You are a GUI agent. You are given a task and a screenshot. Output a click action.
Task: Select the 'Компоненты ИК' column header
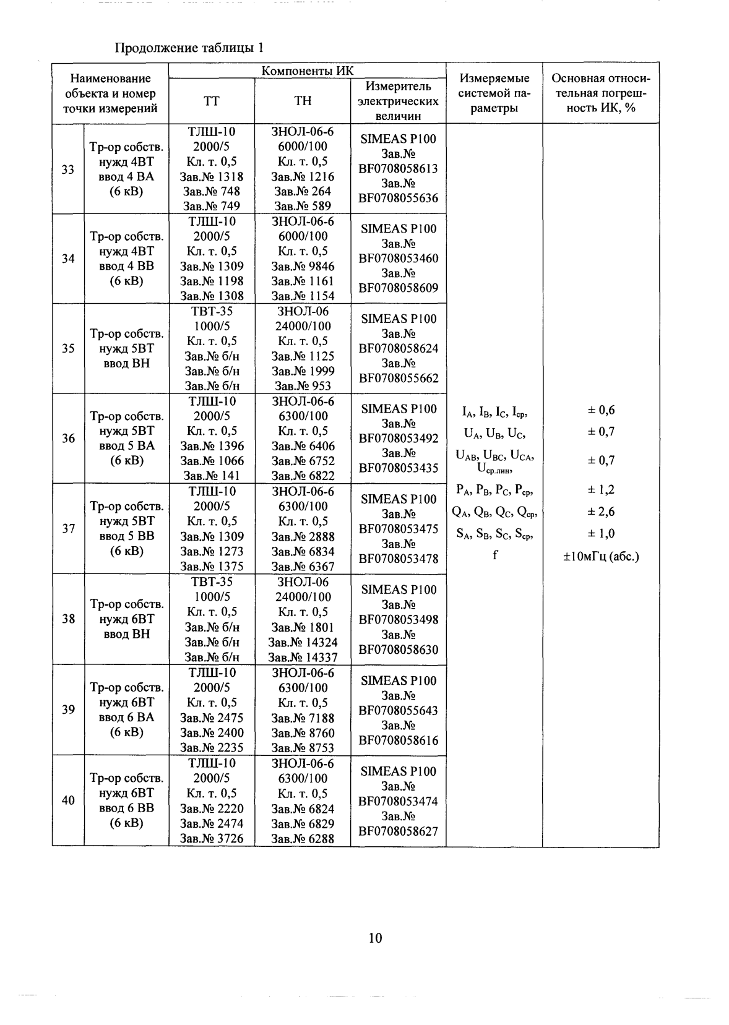click(x=308, y=71)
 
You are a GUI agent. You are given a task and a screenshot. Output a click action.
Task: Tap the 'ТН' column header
click(x=303, y=101)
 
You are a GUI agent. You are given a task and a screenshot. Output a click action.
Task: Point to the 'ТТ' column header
click(x=212, y=101)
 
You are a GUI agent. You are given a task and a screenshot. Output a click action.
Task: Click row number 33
click(x=68, y=169)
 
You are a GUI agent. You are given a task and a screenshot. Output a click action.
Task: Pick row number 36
click(x=68, y=439)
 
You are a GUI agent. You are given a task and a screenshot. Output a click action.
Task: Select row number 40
click(x=68, y=800)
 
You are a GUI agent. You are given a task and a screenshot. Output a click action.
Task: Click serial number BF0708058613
click(x=399, y=168)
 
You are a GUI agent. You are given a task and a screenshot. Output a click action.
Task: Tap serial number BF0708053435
click(x=399, y=468)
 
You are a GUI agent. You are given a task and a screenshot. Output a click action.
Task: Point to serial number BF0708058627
click(x=399, y=831)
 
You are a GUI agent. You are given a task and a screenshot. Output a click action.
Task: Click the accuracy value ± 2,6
click(x=601, y=512)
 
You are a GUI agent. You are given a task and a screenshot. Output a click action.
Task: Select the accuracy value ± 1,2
click(x=601, y=489)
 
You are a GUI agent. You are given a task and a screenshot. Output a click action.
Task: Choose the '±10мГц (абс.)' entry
click(x=601, y=556)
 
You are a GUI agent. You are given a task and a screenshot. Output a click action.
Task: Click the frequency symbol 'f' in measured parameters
click(x=495, y=555)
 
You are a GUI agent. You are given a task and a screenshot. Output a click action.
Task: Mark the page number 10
click(x=375, y=938)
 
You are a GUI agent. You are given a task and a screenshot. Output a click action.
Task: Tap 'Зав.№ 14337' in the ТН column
click(x=303, y=657)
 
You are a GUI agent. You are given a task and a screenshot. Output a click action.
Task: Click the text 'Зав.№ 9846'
click(x=303, y=266)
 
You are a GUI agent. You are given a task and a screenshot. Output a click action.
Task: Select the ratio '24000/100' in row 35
click(x=303, y=326)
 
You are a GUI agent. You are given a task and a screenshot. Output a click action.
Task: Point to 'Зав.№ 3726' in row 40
click(x=212, y=839)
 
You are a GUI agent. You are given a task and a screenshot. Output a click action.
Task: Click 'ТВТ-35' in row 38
click(x=212, y=582)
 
